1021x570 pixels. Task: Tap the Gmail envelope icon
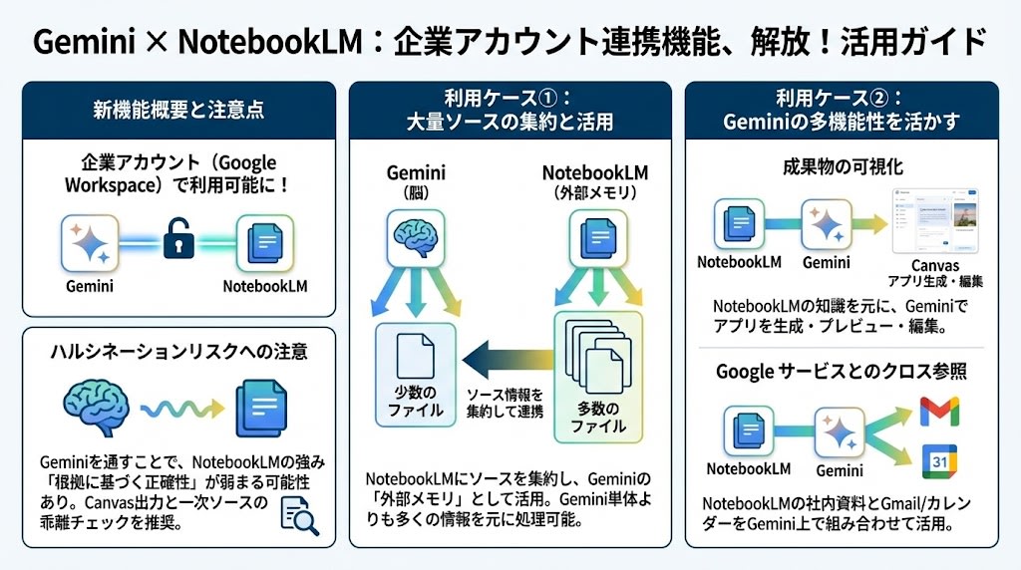click(x=938, y=411)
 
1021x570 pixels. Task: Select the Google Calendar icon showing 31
click(x=938, y=461)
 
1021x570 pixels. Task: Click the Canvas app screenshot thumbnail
click(x=934, y=221)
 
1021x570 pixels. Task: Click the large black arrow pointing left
click(x=507, y=352)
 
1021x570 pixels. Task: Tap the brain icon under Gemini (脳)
click(x=414, y=236)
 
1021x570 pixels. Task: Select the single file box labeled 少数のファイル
click(x=415, y=376)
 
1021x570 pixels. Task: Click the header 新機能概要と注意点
click(x=178, y=110)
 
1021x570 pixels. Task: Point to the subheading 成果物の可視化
click(x=843, y=166)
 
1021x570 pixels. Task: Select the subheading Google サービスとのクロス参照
click(x=843, y=372)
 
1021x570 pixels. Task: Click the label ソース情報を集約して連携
click(x=507, y=404)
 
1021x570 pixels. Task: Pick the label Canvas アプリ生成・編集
click(x=934, y=273)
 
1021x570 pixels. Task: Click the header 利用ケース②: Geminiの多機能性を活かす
click(x=842, y=110)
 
